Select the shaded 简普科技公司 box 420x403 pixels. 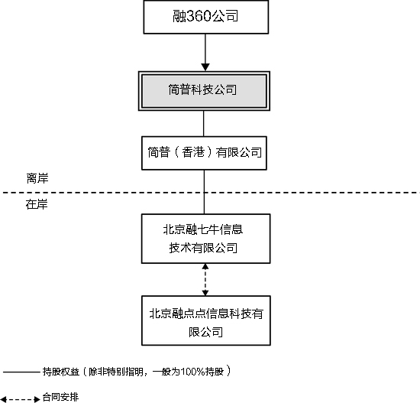(204, 90)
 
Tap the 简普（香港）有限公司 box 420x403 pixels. (204, 152)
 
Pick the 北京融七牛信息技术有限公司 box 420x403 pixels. (204, 238)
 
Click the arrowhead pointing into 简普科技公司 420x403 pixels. (204, 65)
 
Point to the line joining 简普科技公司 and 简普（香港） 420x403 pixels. (204, 122)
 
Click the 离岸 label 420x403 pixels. (37, 177)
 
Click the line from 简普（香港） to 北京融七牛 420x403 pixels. (204, 191)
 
